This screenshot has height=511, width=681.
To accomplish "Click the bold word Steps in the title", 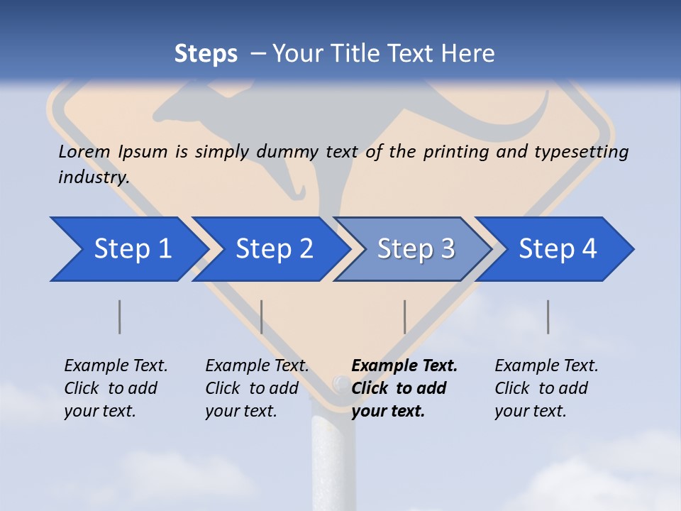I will point(206,54).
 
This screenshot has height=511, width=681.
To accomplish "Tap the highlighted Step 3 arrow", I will point(416,249).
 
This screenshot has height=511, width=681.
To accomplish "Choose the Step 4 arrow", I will point(558,249).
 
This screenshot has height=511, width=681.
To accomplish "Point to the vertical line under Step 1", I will point(120,317).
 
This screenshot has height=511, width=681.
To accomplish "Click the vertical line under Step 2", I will point(262,317).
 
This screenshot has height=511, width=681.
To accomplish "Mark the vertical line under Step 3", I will point(404,317).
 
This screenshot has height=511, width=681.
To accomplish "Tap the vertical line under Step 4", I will point(548,317).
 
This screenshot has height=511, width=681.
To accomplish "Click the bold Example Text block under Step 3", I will point(404,388).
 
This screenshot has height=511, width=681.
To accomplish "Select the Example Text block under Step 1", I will point(116,388).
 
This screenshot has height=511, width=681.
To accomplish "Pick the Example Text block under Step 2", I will point(257,388).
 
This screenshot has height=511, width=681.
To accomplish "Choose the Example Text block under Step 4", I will point(546,388).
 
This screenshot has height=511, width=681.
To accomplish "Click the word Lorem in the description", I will point(84,152).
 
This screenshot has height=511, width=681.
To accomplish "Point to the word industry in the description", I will point(93,177).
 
